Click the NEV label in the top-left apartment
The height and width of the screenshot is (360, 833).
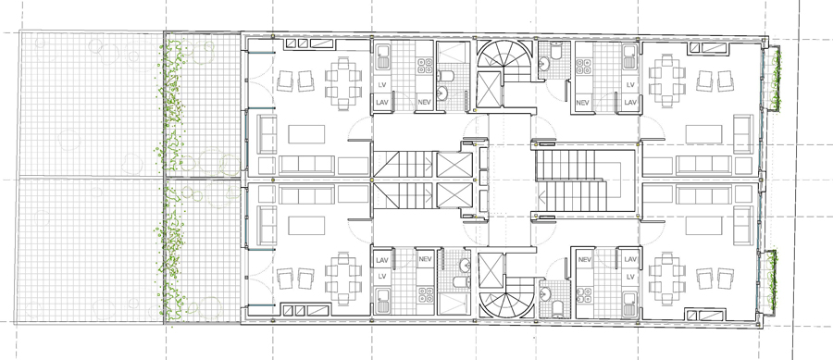(423, 102)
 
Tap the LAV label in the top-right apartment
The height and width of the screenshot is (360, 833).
(630, 102)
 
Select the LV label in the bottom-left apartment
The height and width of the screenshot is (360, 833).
(382, 276)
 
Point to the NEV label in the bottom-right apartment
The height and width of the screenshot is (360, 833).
(585, 259)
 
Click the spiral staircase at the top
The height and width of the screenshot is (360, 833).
(504, 55)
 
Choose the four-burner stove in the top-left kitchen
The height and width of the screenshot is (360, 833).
(424, 66)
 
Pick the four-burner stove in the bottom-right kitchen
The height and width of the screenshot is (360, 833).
(584, 294)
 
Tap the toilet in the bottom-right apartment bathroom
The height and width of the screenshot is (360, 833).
(557, 306)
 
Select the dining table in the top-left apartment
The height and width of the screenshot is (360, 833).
(343, 84)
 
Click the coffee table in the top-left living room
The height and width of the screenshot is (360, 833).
(306, 134)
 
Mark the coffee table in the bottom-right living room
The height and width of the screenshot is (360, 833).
(704, 226)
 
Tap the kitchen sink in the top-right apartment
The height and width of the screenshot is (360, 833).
(630, 57)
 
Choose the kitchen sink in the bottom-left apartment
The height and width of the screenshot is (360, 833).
(382, 300)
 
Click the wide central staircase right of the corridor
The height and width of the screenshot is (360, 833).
(571, 180)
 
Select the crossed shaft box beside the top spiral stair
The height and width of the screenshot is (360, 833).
(489, 89)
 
